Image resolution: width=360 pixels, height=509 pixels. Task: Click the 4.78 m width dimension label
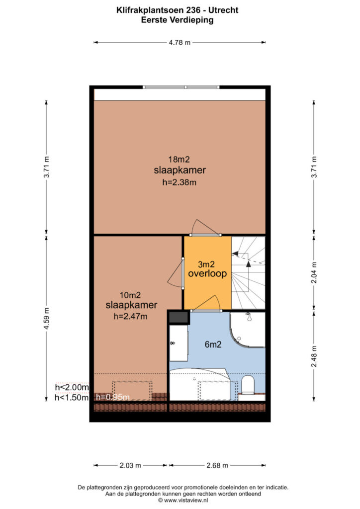tap(180, 42)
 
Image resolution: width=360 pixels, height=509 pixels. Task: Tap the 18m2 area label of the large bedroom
tap(179, 160)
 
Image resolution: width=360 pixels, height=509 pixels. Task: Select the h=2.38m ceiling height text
tap(179, 182)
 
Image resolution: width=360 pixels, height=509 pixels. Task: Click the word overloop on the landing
tap(207, 273)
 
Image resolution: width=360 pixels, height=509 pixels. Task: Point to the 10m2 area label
tap(130, 295)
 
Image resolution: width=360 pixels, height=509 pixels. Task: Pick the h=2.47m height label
tap(130, 316)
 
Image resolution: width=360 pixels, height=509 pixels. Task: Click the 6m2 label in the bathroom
tap(213, 344)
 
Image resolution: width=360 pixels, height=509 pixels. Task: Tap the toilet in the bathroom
tap(248, 385)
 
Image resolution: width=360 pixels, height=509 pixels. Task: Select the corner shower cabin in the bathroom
tap(248, 329)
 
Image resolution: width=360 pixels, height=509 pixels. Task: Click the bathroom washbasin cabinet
tap(179, 343)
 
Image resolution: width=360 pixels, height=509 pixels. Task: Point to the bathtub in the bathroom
tap(200, 384)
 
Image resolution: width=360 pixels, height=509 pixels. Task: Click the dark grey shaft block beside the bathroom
tap(179, 317)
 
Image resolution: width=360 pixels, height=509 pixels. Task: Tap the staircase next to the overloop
tap(248, 273)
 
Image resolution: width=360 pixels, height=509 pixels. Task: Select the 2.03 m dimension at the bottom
tap(130, 465)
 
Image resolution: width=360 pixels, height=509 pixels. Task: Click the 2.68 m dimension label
tap(217, 465)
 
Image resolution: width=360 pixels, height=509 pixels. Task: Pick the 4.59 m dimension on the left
tap(46, 318)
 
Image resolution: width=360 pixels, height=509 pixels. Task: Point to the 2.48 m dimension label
tap(314, 356)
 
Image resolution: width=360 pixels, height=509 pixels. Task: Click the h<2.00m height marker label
tap(72, 387)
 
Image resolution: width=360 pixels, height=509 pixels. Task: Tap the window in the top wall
tap(181, 87)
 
